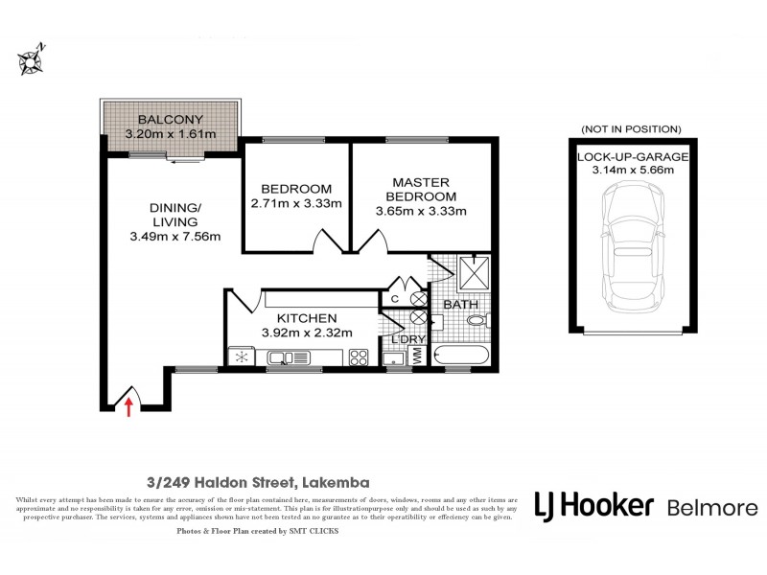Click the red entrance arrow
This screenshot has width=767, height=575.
[129, 408]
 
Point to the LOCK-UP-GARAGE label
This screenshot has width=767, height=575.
[631, 156]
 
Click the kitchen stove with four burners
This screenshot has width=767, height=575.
[359, 357]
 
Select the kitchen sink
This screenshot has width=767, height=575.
[281, 358]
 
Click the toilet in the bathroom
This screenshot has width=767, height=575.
[480, 321]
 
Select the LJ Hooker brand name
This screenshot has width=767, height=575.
[593, 507]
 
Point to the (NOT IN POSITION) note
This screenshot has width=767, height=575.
[631, 128]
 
